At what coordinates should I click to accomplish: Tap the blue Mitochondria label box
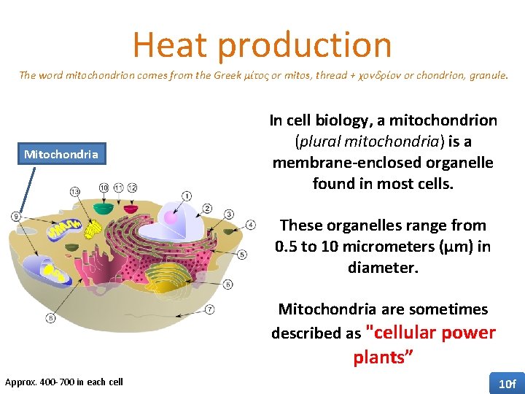coord(61,154)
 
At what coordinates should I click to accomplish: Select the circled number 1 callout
coord(187,196)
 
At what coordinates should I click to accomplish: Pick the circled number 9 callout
coord(16,216)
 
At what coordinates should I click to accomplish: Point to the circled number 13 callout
coord(76,191)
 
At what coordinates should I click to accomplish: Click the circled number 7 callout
coord(210,309)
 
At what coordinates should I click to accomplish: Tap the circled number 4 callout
coord(251,225)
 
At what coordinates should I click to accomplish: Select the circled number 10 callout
coord(104,188)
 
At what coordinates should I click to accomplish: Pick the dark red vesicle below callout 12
coord(133,206)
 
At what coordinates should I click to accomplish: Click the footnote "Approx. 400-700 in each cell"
coord(64,382)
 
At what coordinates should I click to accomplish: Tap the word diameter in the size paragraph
coord(381,268)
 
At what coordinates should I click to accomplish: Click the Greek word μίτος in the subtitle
coord(254,76)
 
